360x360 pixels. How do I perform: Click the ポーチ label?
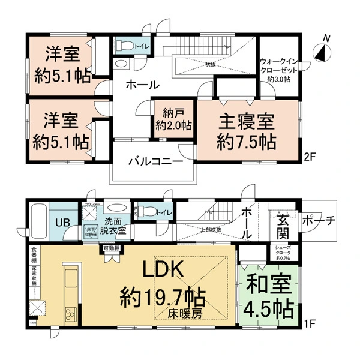[318, 220]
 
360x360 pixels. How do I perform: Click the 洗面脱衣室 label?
[112, 223]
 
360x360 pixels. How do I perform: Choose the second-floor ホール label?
[142, 85]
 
